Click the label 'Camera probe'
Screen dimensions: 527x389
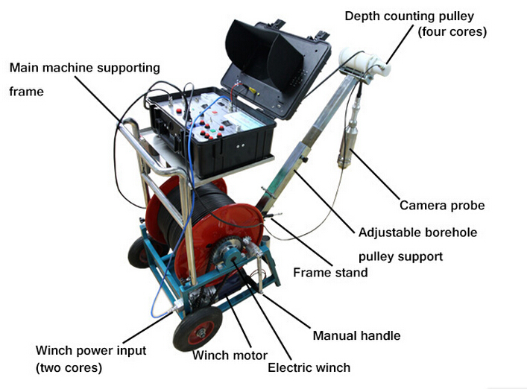(x=442, y=205)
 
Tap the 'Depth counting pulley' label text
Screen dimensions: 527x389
(x=409, y=16)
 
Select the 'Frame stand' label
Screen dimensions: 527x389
(x=330, y=272)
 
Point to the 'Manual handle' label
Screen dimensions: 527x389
(x=356, y=335)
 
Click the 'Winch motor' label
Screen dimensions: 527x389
(x=230, y=355)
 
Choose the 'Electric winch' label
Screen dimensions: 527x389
(x=309, y=367)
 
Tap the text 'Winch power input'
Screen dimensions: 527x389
(x=91, y=350)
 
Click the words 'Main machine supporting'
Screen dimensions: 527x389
(x=85, y=68)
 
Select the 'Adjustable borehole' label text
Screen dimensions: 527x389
(x=417, y=233)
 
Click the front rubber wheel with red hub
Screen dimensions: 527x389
(x=198, y=329)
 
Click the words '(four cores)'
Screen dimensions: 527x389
(x=452, y=32)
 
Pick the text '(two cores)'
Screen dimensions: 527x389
(x=69, y=367)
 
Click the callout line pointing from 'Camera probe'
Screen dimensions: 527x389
(x=375, y=174)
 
